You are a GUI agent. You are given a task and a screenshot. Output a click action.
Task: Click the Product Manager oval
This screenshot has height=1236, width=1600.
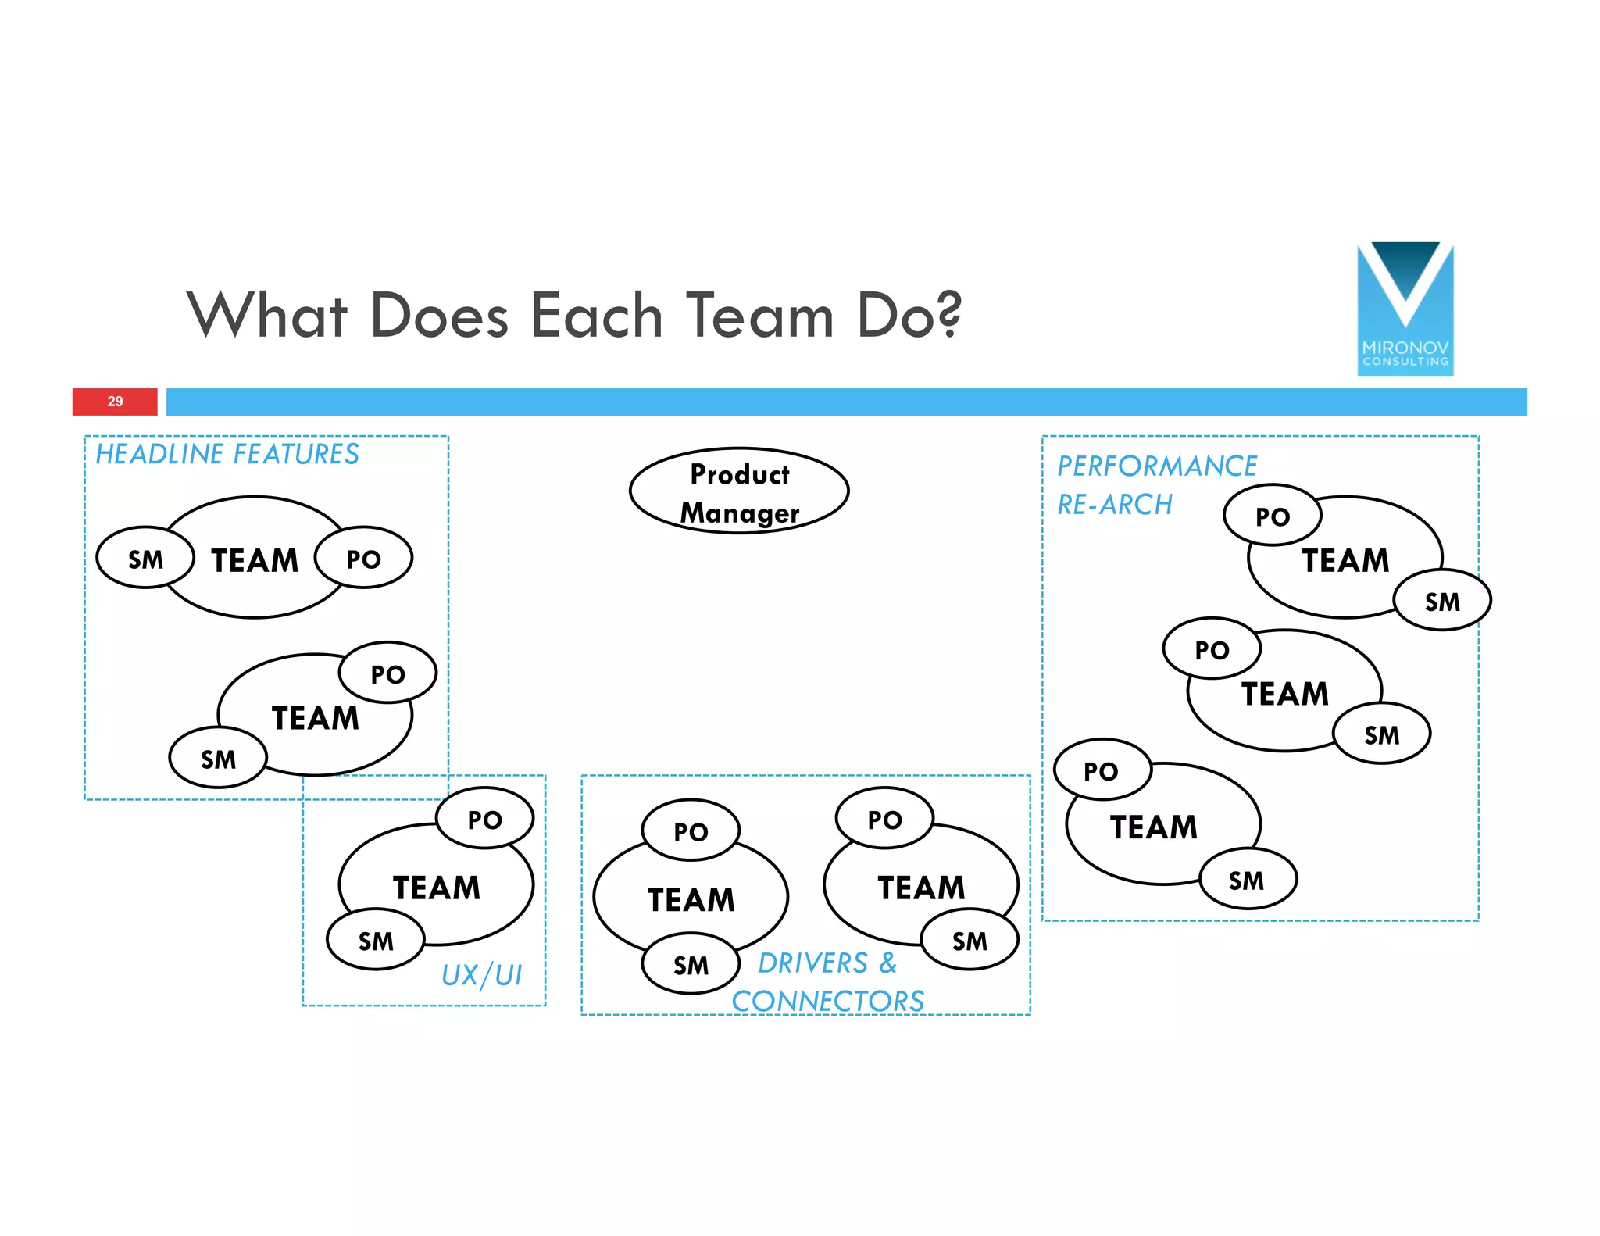pos(739,491)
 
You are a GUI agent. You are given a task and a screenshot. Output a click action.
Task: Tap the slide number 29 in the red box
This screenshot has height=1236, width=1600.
pos(115,402)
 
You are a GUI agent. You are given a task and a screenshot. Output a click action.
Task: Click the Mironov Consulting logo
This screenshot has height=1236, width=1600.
pos(1405,309)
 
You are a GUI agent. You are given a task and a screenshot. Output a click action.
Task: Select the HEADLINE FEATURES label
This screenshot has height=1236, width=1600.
pos(227,455)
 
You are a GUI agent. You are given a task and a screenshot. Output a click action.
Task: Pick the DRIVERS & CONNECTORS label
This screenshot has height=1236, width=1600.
pos(828,982)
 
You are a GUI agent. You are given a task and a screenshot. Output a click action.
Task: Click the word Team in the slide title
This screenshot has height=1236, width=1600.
pos(760,316)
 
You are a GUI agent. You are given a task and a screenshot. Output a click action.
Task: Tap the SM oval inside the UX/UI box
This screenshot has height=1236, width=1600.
pos(376,941)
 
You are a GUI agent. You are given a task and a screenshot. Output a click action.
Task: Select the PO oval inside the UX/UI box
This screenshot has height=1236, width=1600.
pos(485,820)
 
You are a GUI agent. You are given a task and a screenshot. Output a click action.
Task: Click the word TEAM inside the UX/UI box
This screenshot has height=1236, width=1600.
pos(437,888)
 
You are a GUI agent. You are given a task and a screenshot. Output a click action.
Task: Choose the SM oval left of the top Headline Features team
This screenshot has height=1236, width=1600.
pos(145,559)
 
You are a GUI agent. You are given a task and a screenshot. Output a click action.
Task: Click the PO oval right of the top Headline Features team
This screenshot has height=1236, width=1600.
pos(363,559)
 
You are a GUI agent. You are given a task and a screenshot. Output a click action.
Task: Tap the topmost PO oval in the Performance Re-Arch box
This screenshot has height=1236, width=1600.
pos(1273,516)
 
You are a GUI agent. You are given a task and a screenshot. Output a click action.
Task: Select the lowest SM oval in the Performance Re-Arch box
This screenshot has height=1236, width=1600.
pos(1247,881)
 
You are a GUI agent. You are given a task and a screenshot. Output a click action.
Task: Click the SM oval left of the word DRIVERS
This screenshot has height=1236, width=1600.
pos(691,965)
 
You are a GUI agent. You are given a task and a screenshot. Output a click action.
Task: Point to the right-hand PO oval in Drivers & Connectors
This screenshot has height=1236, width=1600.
pos(884,820)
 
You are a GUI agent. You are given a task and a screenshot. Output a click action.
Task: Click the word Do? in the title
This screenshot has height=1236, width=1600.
pos(909,316)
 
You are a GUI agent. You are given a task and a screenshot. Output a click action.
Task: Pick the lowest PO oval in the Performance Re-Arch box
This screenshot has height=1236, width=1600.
pos(1102,771)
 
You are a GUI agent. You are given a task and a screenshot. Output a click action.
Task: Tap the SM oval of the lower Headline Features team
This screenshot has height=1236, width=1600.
pos(218,759)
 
